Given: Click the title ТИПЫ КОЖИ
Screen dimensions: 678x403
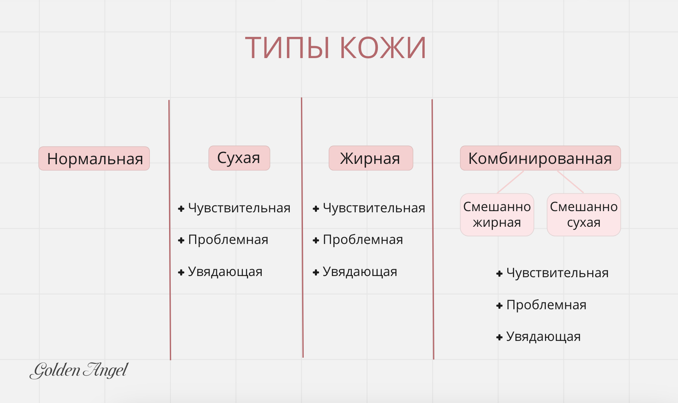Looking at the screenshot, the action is (x=335, y=48).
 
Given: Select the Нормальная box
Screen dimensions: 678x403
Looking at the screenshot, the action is (x=94, y=159).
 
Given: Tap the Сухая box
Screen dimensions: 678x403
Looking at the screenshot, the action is (x=239, y=158).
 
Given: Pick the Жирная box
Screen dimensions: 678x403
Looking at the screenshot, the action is (x=371, y=158).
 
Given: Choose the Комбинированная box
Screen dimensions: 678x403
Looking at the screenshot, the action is (x=540, y=158).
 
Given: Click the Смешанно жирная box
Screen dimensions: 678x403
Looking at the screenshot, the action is (x=497, y=214).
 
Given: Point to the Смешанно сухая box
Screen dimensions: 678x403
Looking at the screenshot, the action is (x=584, y=214).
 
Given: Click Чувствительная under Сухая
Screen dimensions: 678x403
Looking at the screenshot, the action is (x=239, y=208).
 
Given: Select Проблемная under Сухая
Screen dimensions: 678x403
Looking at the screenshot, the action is (x=228, y=240).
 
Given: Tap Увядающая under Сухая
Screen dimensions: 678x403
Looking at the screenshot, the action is (x=225, y=272).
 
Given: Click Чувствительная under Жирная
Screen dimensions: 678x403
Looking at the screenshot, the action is (x=374, y=208).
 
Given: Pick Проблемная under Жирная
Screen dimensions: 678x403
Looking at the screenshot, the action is (x=363, y=240).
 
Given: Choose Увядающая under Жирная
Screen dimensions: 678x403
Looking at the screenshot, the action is (x=360, y=272).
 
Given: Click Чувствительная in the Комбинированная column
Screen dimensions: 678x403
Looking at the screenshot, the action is (x=557, y=273).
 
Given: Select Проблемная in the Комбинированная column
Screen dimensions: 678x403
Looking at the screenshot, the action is (x=546, y=305).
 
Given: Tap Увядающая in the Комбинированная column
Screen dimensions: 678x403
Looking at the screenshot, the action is (x=543, y=337).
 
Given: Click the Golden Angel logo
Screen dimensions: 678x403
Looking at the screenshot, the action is (x=79, y=370).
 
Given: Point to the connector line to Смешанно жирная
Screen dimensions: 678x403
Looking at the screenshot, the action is (x=511, y=182).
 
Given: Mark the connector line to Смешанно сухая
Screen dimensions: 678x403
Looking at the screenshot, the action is (x=571, y=182).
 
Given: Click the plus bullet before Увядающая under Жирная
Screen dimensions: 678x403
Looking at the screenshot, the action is (x=316, y=272).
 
